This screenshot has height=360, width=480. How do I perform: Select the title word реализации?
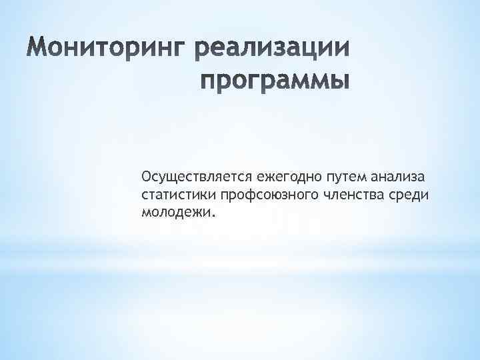click(273, 51)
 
